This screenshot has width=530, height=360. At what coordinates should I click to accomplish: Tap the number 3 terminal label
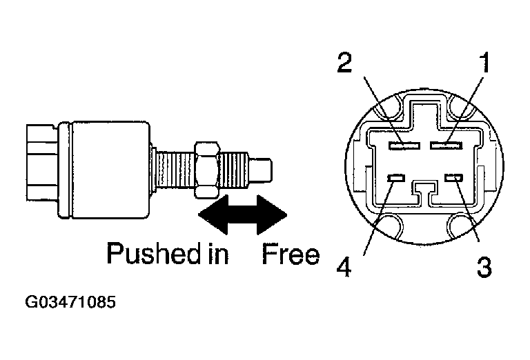pyautogui.click(x=485, y=266)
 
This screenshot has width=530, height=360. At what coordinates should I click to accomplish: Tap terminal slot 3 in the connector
pyautogui.click(x=453, y=179)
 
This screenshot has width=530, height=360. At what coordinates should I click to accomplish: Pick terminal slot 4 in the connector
pyautogui.click(x=395, y=179)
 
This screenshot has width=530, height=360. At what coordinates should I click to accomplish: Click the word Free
pyautogui.click(x=291, y=255)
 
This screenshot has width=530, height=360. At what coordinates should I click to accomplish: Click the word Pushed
pyautogui.click(x=148, y=255)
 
